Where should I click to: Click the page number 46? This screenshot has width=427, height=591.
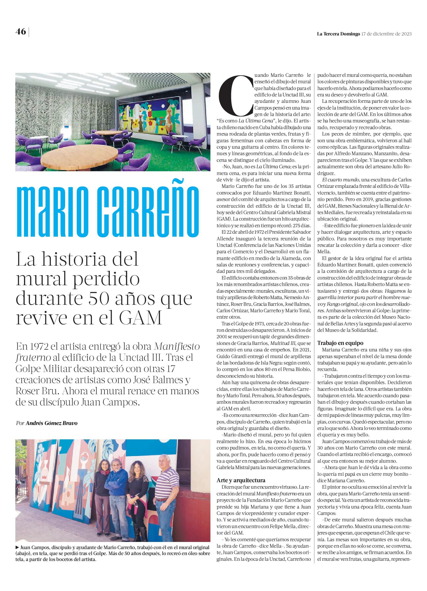point(21,31)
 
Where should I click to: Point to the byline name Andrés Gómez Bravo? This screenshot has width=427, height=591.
point(51,423)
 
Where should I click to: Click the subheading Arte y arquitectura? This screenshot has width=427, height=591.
point(241,480)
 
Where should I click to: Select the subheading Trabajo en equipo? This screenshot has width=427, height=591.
point(340,343)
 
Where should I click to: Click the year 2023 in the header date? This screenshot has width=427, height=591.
point(406,34)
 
